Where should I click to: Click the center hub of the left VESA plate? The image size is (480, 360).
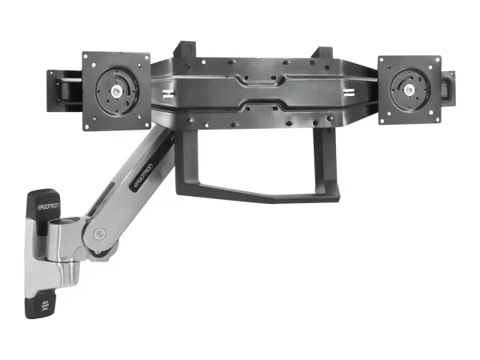click(116, 90)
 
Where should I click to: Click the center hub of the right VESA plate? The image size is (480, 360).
click(409, 89)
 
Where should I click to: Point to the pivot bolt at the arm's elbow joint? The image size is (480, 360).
click(98, 234)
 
